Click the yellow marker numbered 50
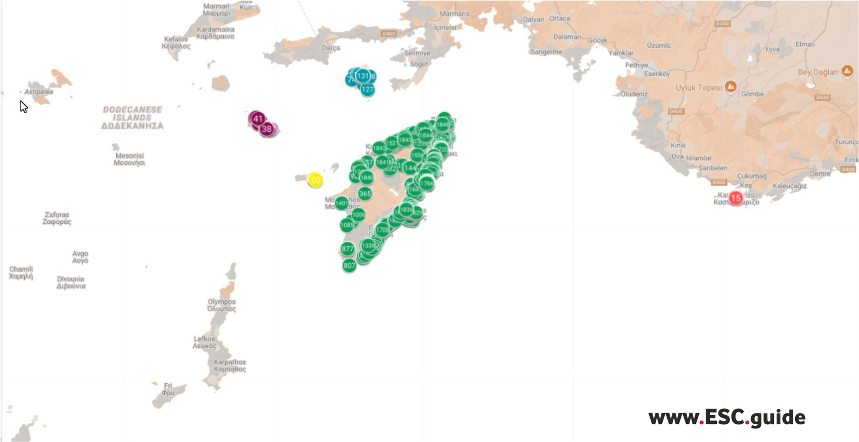tap(315, 180)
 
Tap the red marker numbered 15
tap(735, 198)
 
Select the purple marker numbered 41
tap(257, 119)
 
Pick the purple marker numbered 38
tap(267, 129)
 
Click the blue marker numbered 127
tap(367, 89)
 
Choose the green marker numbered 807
tap(349, 265)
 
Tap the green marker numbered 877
tap(348, 249)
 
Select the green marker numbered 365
tap(365, 193)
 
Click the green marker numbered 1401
tap(342, 203)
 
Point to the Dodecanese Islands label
tap(133, 117)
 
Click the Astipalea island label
tap(39, 92)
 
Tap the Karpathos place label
tap(229, 365)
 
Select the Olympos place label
tap(221, 305)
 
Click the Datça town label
tap(331, 48)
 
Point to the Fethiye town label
tap(636, 65)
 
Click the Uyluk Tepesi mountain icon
tap(731, 87)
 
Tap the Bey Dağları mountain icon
tap(847, 71)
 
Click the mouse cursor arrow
tap(23, 106)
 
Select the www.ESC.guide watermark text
tap(726, 417)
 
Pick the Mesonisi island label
tap(130, 159)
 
